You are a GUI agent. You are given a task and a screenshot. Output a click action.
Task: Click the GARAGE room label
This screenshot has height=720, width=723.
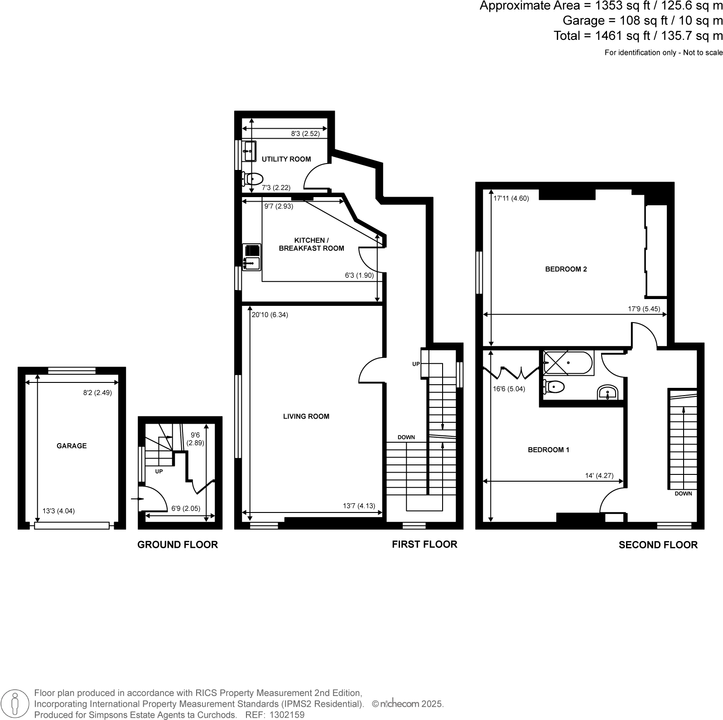[72, 446]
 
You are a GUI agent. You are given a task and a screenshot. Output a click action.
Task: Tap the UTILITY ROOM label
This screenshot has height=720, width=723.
[286, 159]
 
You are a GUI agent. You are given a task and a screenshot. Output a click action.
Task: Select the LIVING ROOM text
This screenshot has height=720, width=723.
[306, 416]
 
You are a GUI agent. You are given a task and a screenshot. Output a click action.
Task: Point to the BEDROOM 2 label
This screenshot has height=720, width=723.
[566, 269]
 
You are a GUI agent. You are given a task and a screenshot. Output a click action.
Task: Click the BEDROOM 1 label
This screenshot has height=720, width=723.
[548, 450]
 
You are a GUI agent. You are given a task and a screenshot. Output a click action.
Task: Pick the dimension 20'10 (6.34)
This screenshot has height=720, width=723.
[270, 315]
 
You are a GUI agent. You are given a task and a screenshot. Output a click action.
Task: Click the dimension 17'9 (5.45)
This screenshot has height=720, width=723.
[644, 309]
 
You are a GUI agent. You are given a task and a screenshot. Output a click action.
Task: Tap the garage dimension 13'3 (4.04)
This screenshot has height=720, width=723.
[58, 511]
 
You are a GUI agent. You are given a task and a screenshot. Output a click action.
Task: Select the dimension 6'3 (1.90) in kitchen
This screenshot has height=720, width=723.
[359, 275]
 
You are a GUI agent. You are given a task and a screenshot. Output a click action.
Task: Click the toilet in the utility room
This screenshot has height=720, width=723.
[254, 179]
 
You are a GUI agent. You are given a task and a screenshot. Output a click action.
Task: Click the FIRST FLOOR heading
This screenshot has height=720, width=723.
[424, 544]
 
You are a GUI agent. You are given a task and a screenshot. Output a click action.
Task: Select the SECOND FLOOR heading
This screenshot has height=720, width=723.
[658, 545]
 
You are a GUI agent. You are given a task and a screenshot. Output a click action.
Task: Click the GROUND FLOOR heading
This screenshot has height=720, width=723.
[178, 545]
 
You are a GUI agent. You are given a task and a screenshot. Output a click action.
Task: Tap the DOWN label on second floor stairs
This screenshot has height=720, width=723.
[683, 493]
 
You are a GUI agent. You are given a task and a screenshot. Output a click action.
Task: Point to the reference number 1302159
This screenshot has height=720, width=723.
[287, 715]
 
